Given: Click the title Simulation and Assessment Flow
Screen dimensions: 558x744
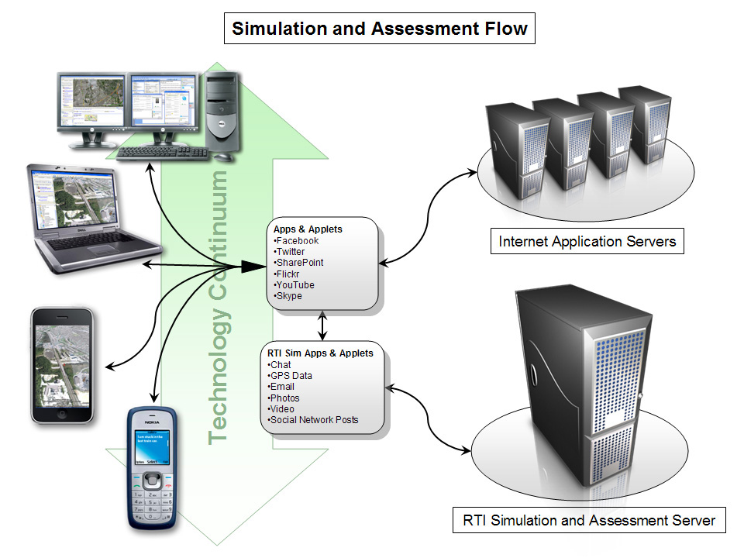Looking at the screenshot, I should pos(380,29).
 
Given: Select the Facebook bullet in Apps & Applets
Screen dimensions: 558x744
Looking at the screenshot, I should pos(298,241).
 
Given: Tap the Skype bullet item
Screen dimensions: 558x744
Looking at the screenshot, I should pos(289,296).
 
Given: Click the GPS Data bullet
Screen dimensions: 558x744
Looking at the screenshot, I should pos(291,376).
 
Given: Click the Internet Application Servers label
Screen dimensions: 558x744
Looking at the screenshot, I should pos(587,242).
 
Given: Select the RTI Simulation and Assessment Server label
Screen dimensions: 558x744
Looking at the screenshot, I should pos(589,520).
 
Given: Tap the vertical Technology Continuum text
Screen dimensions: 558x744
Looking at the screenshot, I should pos(220,308).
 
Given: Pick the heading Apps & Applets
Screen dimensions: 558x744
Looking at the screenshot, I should pos(308,229).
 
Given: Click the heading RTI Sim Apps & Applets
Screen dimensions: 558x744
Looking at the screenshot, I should pos(320,353).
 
